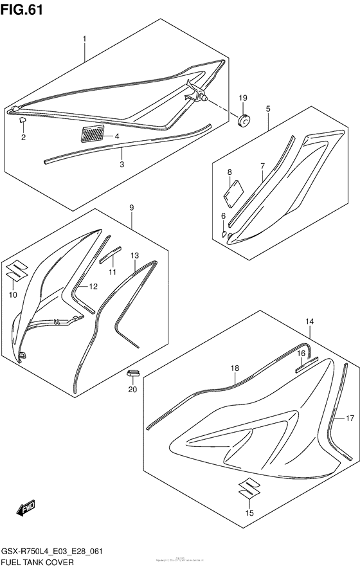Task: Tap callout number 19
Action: click(x=244, y=98)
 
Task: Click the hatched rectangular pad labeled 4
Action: click(x=91, y=135)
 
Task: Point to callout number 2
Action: click(x=23, y=137)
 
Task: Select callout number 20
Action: click(x=133, y=389)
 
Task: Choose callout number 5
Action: click(x=268, y=109)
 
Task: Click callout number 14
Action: click(x=310, y=321)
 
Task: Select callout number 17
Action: click(x=350, y=418)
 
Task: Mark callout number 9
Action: click(x=131, y=208)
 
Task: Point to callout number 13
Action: click(x=134, y=255)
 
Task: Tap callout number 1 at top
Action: click(x=84, y=39)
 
